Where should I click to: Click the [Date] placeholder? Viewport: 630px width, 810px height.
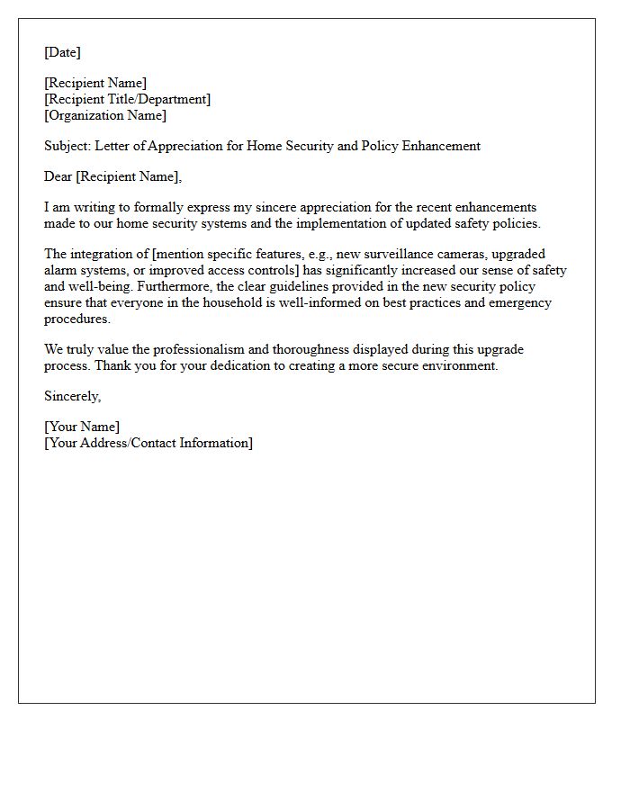[x=62, y=52]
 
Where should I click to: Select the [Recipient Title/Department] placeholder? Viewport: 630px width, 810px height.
[x=127, y=99]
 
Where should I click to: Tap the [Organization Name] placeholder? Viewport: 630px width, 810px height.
[x=105, y=115]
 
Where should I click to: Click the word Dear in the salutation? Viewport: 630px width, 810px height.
[x=58, y=176]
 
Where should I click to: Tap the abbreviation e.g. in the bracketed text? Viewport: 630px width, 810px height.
[x=318, y=254]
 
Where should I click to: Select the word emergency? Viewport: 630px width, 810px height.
[x=520, y=302]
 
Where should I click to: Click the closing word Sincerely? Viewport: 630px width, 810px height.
[x=72, y=396]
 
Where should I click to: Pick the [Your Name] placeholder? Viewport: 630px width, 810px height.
[x=82, y=427]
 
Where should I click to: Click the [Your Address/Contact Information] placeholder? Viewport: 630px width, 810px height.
[x=148, y=443]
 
